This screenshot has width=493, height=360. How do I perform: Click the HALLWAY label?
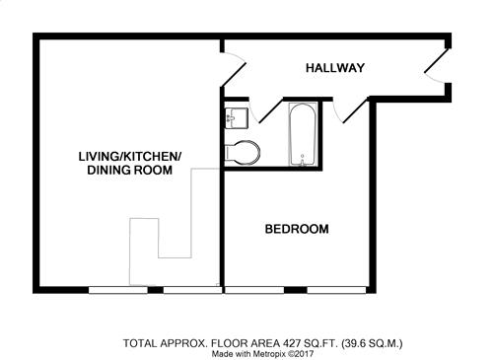[335, 68]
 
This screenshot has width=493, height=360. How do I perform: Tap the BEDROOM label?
[297, 229]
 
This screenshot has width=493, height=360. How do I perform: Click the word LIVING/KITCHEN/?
[130, 157]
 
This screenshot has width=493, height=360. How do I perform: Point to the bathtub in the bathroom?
[303, 134]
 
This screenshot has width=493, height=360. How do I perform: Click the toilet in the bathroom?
[243, 153]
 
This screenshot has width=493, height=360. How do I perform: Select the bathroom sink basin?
[236, 118]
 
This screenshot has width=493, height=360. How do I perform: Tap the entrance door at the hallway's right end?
[436, 66]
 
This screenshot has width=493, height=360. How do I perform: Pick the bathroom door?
[265, 110]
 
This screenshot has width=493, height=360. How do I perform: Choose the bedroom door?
[349, 110]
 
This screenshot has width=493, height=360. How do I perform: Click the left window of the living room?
[118, 290]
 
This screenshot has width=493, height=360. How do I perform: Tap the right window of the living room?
[192, 290]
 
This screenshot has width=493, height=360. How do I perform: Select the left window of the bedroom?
[254, 290]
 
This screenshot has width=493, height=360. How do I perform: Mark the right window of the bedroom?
[336, 290]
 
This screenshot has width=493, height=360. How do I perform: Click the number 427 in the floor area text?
[291, 343]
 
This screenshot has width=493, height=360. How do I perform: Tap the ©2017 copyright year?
[301, 354]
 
